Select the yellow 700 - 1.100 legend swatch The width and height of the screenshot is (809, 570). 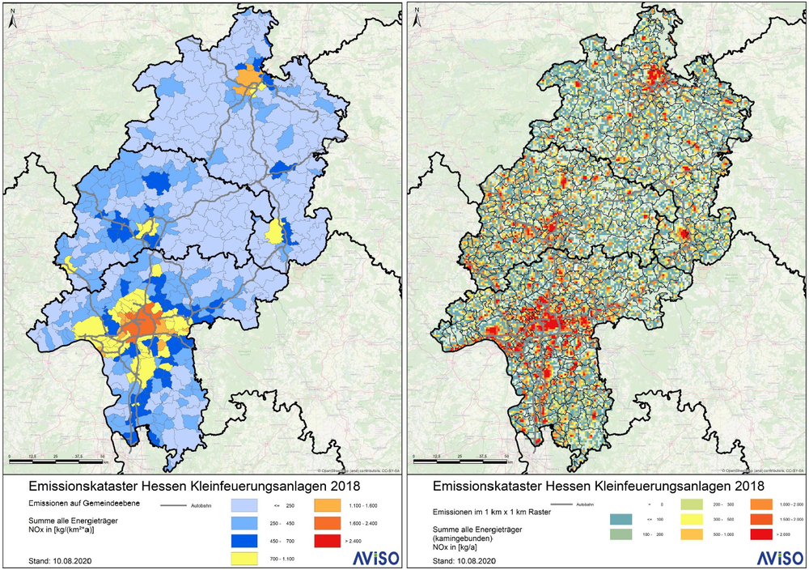244,558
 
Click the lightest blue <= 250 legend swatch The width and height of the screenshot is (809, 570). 244,504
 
